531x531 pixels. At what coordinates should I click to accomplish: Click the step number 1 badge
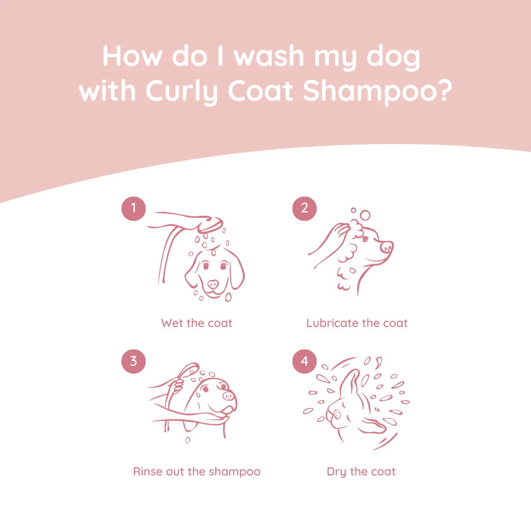point(133,208)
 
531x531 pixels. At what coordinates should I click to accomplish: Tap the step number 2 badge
point(304,208)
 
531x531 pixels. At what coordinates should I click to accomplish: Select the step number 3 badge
point(133,361)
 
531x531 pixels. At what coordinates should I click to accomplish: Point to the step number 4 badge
point(304,361)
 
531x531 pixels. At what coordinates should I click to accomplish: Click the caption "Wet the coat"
point(196,323)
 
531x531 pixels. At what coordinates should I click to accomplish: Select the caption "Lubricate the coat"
point(357,323)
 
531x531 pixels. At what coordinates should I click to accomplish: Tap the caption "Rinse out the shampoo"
point(197,472)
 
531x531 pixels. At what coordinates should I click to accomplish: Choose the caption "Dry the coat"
point(361,472)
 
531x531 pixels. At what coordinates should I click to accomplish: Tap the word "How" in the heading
point(132,56)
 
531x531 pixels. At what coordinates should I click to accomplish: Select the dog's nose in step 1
point(213,284)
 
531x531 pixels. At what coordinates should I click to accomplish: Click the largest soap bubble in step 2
point(365,215)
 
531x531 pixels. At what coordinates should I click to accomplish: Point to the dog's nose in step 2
point(387,246)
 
